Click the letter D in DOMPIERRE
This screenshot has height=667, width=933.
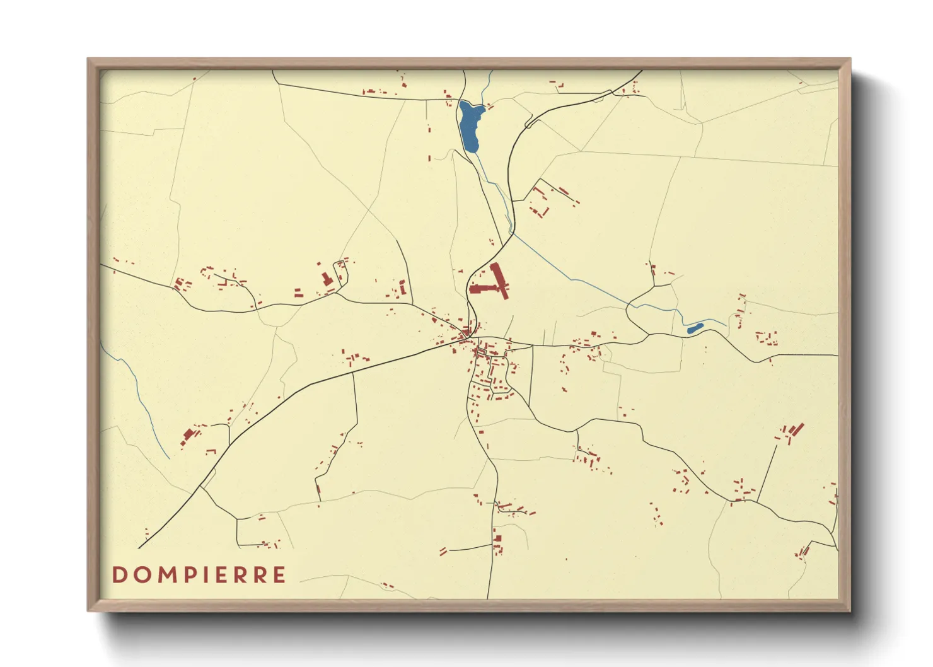pos(119,574)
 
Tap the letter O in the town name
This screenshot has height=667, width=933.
pos(142,574)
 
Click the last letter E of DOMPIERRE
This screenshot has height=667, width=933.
pos(279,574)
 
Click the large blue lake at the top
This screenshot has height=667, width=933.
pos(470,127)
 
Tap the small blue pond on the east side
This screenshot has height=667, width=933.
pos(694,328)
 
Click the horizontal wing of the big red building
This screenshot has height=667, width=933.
pos(484,289)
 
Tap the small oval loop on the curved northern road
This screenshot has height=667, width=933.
pos(530,124)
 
